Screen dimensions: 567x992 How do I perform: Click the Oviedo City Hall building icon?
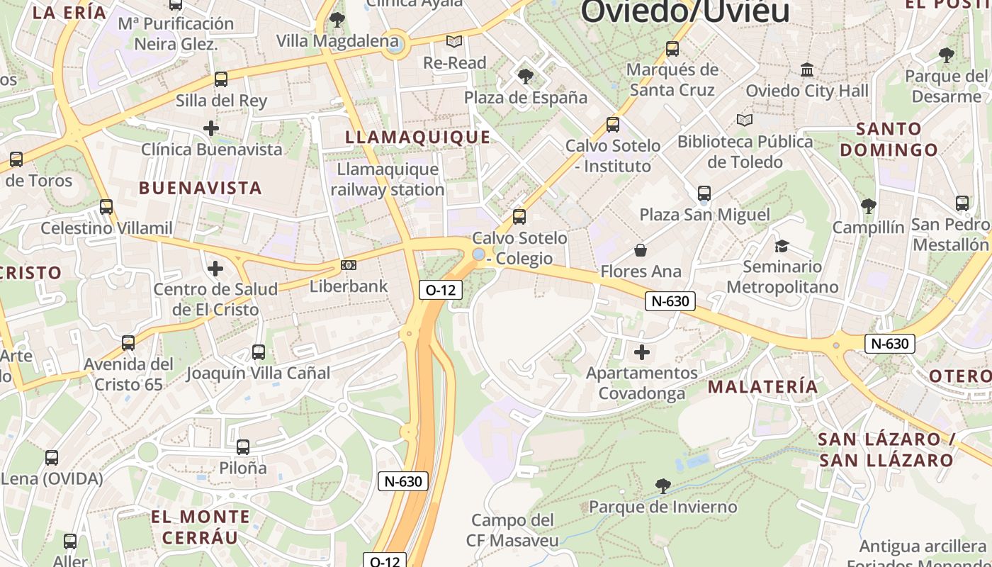(x=806, y=69)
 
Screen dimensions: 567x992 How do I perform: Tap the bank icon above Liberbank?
(x=349, y=265)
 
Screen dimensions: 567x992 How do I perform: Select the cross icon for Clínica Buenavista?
(x=210, y=128)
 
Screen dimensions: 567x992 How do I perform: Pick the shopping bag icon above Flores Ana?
(x=641, y=249)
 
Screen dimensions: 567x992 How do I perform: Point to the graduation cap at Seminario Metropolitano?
(x=782, y=246)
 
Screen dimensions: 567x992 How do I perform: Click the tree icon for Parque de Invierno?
(x=663, y=485)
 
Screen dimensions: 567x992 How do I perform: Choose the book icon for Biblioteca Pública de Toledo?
(x=745, y=120)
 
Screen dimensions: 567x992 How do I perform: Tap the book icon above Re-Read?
(x=454, y=42)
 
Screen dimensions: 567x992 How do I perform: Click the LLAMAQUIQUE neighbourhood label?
(x=417, y=137)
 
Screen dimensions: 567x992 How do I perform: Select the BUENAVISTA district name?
(x=201, y=188)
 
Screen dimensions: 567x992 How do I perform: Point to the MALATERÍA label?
(x=763, y=386)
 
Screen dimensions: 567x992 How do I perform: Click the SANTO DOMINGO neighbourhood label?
(x=889, y=139)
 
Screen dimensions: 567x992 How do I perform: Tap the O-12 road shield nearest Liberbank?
(x=440, y=289)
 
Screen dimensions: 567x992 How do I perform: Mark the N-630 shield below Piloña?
(x=403, y=481)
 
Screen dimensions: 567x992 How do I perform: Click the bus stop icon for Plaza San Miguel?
(x=704, y=193)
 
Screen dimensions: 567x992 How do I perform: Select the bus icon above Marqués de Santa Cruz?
(x=672, y=49)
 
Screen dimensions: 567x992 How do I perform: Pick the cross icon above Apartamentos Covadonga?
(x=641, y=352)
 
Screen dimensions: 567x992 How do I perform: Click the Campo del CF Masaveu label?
(x=512, y=530)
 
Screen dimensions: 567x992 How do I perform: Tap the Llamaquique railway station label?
(x=388, y=179)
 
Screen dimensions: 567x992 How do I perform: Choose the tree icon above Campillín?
(x=868, y=206)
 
